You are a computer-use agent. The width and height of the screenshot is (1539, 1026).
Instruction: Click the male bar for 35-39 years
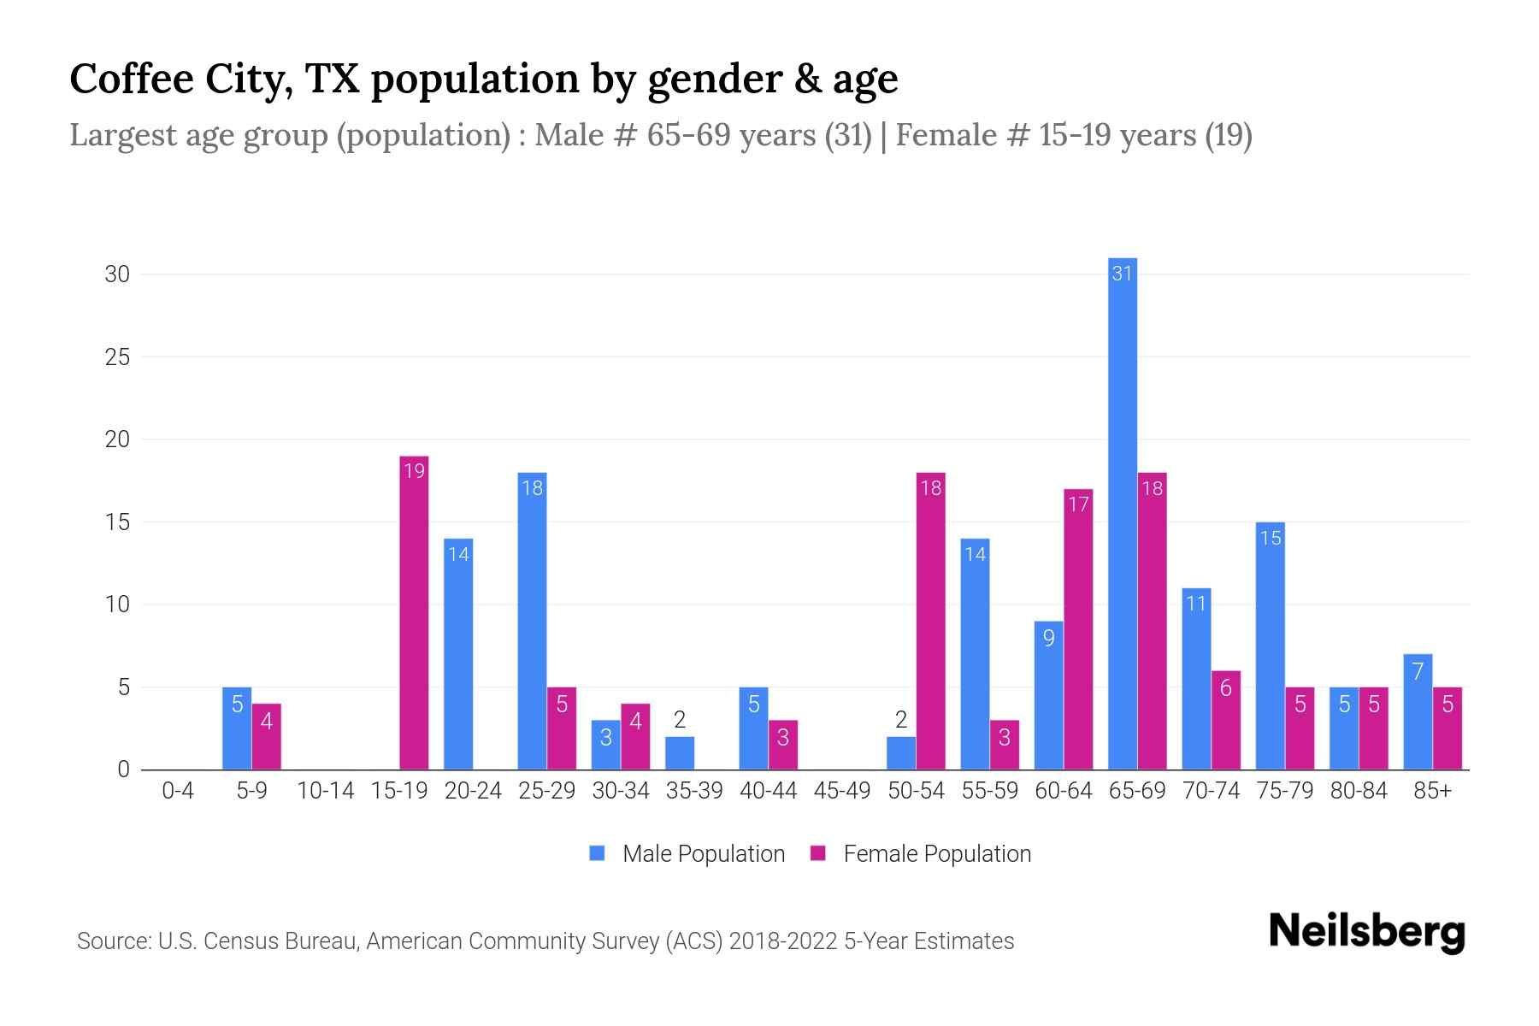tap(680, 753)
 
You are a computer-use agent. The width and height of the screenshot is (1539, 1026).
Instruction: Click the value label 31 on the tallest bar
tap(1122, 274)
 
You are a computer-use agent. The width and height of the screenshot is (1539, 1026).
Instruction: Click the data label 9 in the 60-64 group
tap(1048, 638)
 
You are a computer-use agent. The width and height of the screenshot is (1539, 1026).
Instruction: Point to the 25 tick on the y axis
tap(117, 357)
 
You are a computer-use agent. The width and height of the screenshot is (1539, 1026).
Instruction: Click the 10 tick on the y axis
tap(117, 605)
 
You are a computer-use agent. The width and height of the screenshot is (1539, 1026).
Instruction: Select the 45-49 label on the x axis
tap(841, 791)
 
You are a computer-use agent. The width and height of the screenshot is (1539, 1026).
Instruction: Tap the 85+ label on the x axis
tap(1432, 791)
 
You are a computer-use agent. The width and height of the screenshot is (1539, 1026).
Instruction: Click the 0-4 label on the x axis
tap(178, 791)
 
